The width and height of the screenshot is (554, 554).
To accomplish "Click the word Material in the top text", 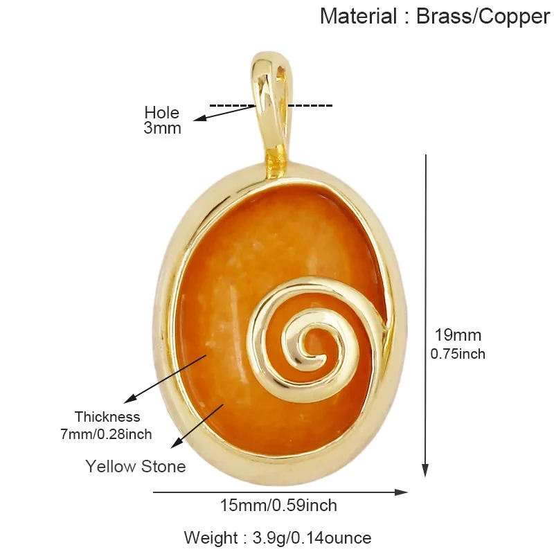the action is (358, 16).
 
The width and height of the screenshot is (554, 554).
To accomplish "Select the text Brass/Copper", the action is (483, 17).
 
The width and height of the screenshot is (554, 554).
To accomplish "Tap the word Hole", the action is (162, 113).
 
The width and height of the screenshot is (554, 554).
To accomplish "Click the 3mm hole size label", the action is (162, 128).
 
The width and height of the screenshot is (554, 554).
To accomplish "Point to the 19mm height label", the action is (458, 335).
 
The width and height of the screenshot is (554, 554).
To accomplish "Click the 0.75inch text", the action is (458, 354).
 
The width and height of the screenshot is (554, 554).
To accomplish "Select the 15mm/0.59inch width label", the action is (278, 506).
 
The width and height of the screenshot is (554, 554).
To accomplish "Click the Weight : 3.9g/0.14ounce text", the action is (278, 538).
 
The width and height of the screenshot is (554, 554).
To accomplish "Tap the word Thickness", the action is (107, 417).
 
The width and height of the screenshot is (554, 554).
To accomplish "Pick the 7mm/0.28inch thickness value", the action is (106, 434).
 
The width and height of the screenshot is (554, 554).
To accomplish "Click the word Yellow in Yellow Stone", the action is (111, 466).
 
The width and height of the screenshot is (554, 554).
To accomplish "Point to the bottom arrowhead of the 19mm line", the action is (425, 471).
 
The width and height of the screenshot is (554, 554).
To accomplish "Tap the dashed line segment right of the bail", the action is (310, 105).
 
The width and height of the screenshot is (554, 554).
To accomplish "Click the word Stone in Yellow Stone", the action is (163, 466).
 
